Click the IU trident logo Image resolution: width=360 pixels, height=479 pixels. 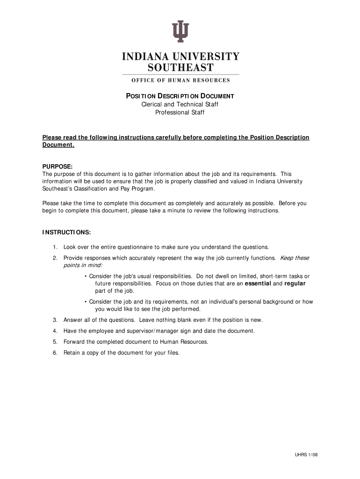point(180,31)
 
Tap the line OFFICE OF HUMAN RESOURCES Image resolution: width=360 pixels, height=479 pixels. point(180,80)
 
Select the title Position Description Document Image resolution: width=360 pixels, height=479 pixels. point(180,96)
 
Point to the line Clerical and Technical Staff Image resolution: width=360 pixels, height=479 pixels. point(180,104)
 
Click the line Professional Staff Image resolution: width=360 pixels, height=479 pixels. point(180,112)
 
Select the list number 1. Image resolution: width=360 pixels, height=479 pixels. point(55,247)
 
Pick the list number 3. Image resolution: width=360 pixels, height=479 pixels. point(55,320)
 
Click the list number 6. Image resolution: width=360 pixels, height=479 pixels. point(55,353)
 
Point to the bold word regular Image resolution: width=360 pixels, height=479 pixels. point(295,283)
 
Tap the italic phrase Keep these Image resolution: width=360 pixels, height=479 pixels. point(294,258)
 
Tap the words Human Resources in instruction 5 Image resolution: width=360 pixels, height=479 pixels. point(184,341)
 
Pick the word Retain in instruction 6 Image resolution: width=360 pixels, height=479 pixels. point(72,353)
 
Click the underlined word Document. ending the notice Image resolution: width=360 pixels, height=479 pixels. point(58,145)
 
